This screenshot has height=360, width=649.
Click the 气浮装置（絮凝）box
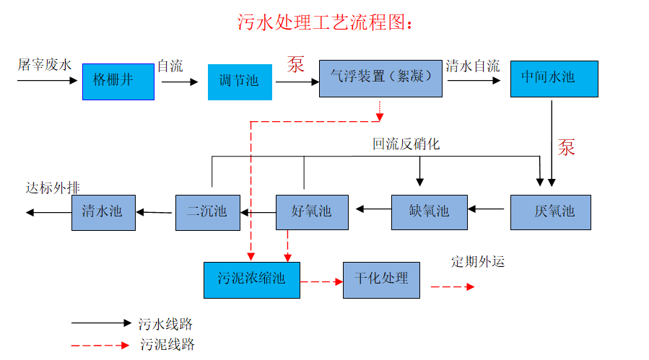[x=380, y=78]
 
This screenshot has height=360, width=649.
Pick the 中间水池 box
[x=553, y=77]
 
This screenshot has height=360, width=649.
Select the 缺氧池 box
[x=429, y=211]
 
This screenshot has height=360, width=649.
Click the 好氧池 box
[x=311, y=211]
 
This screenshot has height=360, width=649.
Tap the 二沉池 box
[x=207, y=211]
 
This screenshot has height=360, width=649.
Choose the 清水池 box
[x=103, y=211]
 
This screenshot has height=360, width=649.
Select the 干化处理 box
[x=381, y=278]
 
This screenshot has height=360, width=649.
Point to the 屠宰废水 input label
[x=45, y=65]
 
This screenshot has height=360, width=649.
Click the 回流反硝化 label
[x=406, y=144]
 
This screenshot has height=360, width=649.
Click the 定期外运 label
[x=478, y=261]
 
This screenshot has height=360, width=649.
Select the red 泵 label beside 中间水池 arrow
[x=566, y=146]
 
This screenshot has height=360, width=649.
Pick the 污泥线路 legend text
[x=167, y=344]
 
